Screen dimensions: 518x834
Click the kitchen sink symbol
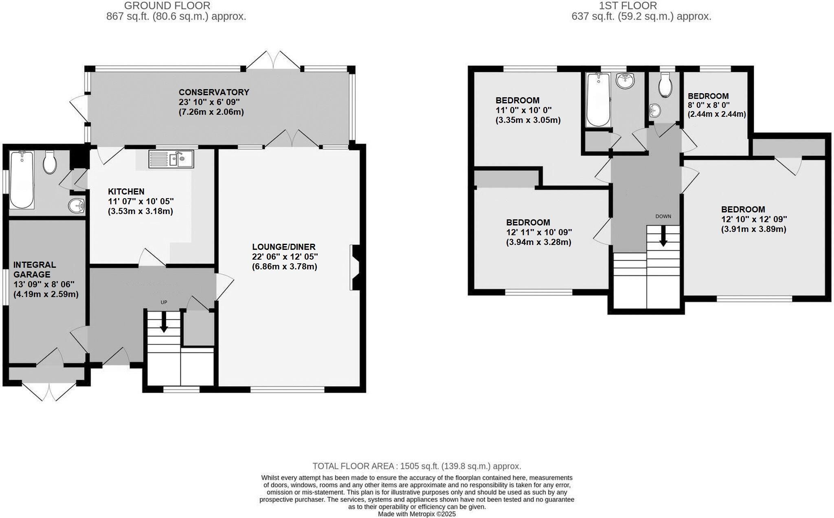click(x=171, y=159)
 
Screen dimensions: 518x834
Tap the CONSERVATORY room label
click(x=214, y=92)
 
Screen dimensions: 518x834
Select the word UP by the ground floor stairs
click(x=164, y=302)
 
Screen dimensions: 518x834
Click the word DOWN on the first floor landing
click(x=663, y=216)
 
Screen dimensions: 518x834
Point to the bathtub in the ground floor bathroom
click(x=22, y=179)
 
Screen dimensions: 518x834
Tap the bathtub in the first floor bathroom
click(x=598, y=99)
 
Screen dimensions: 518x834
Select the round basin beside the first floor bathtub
click(x=625, y=81)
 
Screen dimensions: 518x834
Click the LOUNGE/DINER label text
click(x=284, y=247)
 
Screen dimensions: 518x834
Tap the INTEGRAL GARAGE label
click(x=34, y=269)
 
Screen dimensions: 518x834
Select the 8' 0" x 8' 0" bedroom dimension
click(x=708, y=105)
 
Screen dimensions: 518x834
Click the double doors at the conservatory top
click(x=274, y=60)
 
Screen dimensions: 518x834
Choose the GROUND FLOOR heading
click(x=167, y=6)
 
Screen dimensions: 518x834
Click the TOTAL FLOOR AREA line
click(x=417, y=466)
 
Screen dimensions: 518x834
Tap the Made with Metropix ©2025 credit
click(x=417, y=514)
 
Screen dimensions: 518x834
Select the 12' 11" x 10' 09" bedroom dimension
click(x=539, y=232)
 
